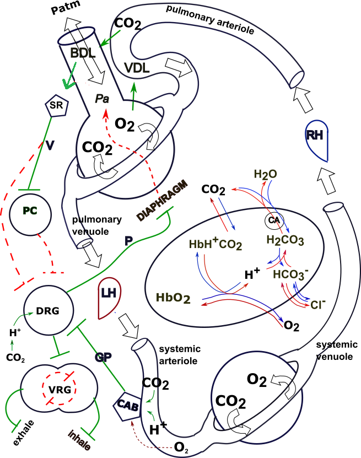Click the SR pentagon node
55,106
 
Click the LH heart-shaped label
107,298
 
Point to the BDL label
83,53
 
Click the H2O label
265,174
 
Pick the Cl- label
319,303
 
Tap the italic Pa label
102,99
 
